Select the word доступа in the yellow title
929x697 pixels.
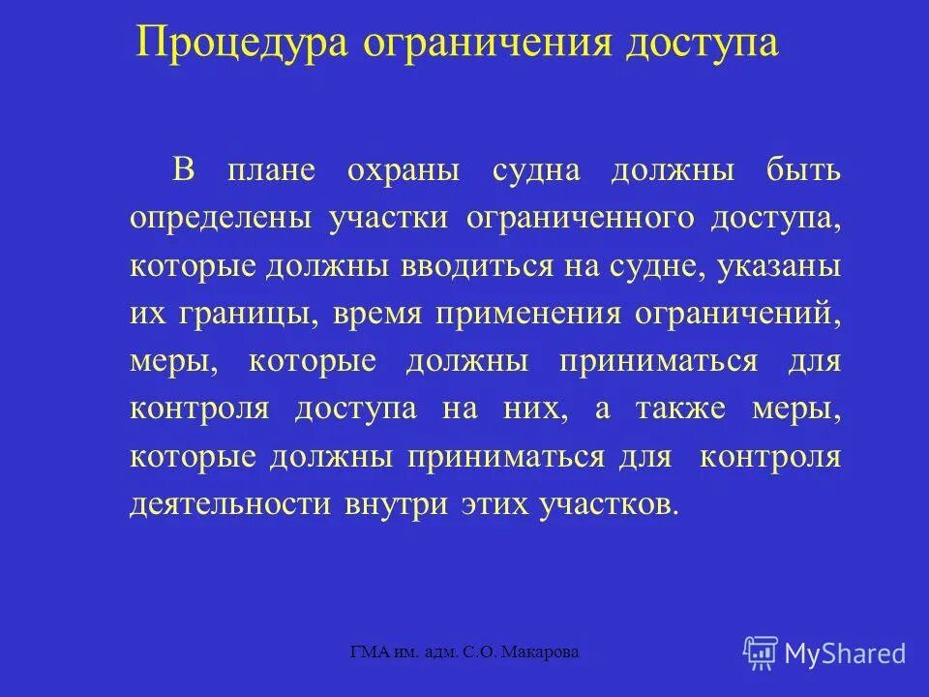(695, 44)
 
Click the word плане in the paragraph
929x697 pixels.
(272, 170)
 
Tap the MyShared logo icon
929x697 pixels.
(761, 653)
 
